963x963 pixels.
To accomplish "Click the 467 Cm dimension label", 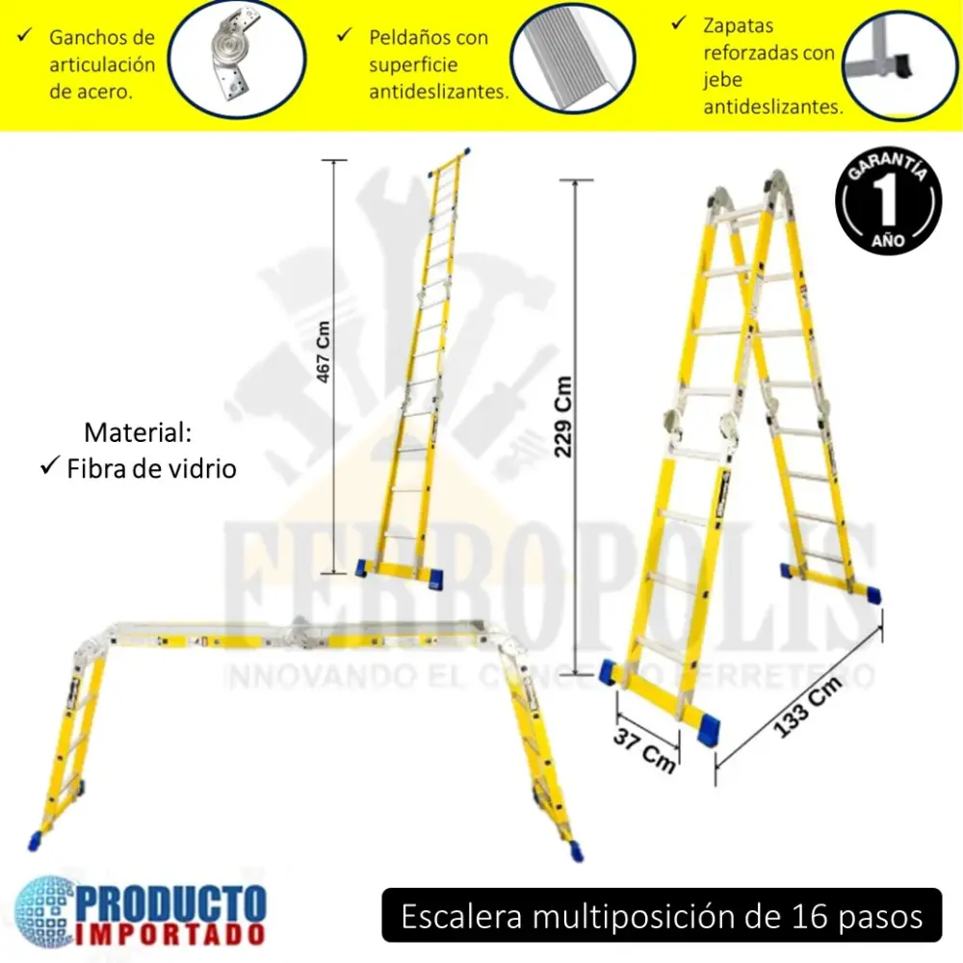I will click(x=324, y=351).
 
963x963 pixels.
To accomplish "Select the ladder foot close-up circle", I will click(x=903, y=64).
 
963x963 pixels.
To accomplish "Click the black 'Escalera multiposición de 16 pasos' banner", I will click(x=661, y=915).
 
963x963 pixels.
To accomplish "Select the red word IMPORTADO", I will click(x=169, y=933).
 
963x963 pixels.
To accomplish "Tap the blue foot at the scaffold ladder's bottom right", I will click(x=576, y=850).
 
